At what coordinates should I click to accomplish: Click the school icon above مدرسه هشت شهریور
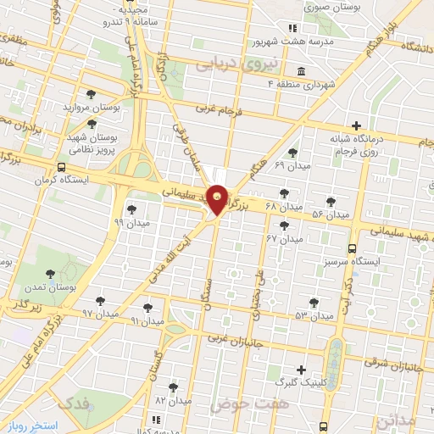[x=293, y=26]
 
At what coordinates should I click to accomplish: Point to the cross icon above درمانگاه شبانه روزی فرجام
[x=355, y=125]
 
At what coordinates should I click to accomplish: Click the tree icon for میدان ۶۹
[x=292, y=153]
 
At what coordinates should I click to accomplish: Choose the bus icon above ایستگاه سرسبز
[x=352, y=249]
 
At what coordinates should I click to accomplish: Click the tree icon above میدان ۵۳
[x=314, y=302]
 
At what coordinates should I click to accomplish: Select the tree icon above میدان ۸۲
[x=173, y=387]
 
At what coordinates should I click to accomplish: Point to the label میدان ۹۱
[x=147, y=321]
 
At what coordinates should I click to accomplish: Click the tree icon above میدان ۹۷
[x=100, y=300]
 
